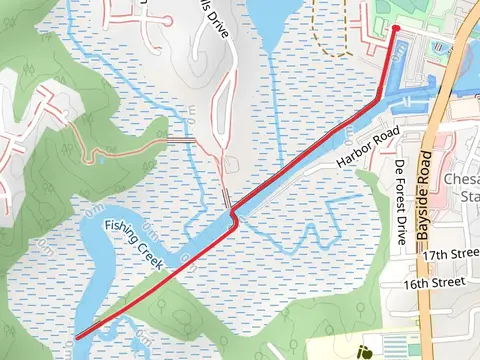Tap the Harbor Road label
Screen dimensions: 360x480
pos(368,147)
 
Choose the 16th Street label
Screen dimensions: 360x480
pos(436,283)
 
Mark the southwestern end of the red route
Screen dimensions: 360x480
pos(77,337)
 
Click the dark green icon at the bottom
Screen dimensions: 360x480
pos(366,351)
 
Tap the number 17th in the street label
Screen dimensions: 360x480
pos(431,256)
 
